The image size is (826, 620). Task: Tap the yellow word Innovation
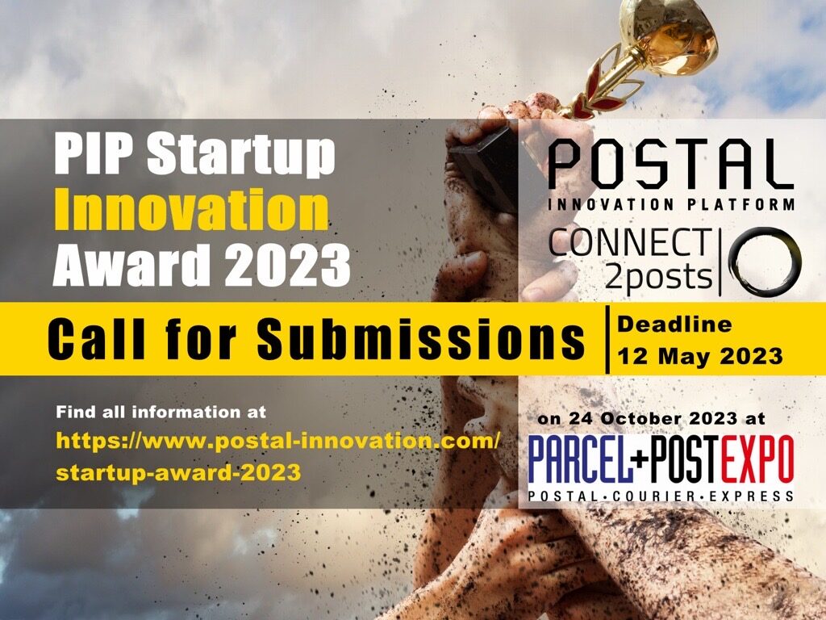[x=191, y=209]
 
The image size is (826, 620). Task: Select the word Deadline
[x=674, y=325]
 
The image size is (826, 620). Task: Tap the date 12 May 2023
[x=699, y=356]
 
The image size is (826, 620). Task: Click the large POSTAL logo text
[x=670, y=165]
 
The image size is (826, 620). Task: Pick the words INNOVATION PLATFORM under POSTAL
[x=670, y=204]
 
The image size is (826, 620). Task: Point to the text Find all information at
[x=161, y=412]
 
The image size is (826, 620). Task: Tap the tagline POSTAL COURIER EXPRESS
[x=661, y=495]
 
